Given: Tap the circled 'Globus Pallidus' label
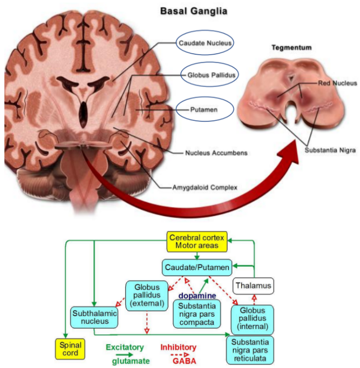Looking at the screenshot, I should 205,75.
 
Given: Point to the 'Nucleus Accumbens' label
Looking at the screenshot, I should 216,153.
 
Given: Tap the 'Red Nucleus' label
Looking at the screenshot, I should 334,83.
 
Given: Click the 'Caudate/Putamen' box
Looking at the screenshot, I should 197,267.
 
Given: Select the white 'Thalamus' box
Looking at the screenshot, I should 252,285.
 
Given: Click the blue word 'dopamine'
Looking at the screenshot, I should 198,296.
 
